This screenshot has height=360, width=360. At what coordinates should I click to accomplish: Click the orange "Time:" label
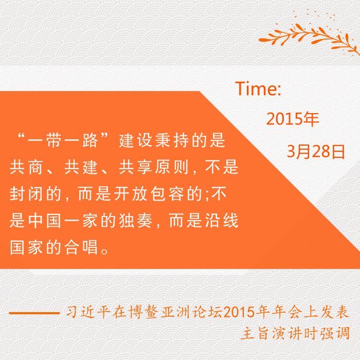pos(258,88)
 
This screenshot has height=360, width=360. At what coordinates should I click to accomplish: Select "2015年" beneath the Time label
pos(293,119)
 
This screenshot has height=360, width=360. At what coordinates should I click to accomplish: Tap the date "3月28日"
pos(316,152)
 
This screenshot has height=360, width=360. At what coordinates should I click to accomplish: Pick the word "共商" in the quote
pos(26,167)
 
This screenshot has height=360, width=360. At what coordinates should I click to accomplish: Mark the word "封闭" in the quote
pos(26,194)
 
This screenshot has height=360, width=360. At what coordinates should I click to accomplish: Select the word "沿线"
pos(222,221)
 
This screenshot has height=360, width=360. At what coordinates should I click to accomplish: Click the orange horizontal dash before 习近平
pos(34,313)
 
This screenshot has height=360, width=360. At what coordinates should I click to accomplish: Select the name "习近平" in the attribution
pos(88,312)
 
